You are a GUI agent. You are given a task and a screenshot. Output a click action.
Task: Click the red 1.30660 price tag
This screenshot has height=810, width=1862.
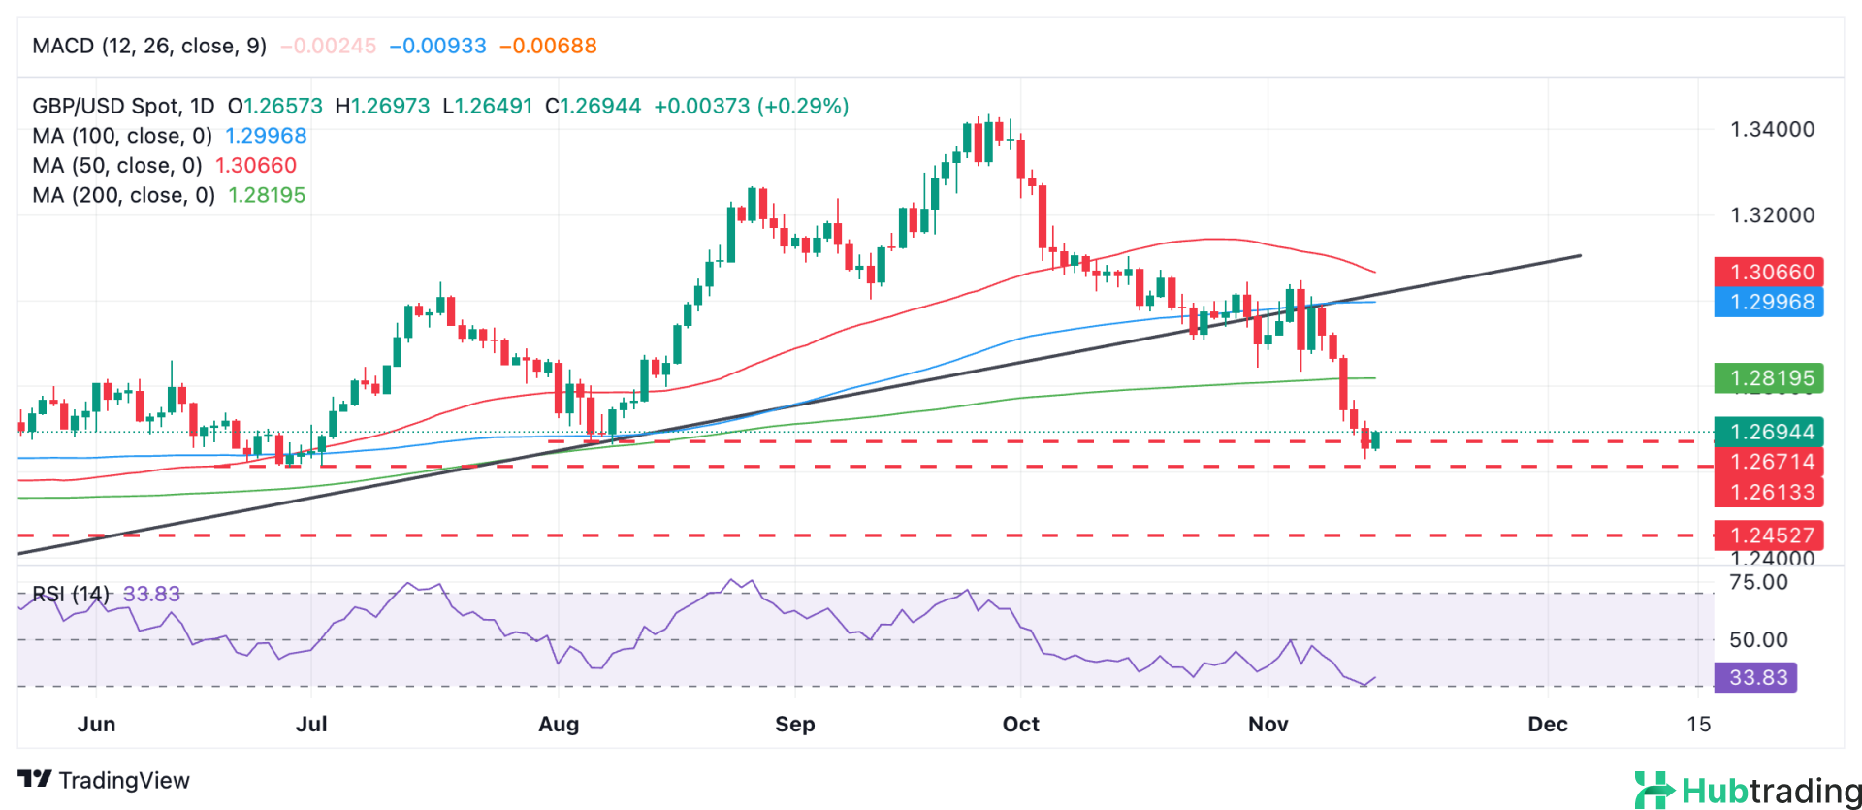pyautogui.click(x=1768, y=272)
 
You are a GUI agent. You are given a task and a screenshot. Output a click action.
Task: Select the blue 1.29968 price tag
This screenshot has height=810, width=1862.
pyautogui.click(x=1768, y=302)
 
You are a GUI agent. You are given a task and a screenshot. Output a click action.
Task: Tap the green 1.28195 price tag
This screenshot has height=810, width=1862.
pyautogui.click(x=1768, y=378)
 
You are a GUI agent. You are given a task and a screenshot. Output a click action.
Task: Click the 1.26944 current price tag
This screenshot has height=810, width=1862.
pyautogui.click(x=1768, y=432)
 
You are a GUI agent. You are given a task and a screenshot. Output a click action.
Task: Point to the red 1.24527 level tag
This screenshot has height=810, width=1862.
pyautogui.click(x=1768, y=535)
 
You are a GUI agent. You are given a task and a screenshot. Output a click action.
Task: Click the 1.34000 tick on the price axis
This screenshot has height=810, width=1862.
pyautogui.click(x=1772, y=129)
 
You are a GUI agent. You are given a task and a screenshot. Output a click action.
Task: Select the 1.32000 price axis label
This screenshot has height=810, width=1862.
pyautogui.click(x=1772, y=215)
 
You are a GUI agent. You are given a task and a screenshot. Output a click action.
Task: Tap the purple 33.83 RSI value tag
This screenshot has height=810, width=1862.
pyautogui.click(x=1755, y=677)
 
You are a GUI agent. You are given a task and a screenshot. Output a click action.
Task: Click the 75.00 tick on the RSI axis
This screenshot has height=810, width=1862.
pyautogui.click(x=1758, y=582)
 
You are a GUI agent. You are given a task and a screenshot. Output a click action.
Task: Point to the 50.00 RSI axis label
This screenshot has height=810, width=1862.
pyautogui.click(x=1758, y=639)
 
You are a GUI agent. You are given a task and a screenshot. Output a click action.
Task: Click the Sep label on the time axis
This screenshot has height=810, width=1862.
pyautogui.click(x=794, y=724)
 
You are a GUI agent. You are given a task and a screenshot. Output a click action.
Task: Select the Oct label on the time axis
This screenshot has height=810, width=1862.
pyautogui.click(x=1020, y=724)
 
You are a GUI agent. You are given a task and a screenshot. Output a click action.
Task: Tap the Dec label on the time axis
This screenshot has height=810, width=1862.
pyautogui.click(x=1547, y=724)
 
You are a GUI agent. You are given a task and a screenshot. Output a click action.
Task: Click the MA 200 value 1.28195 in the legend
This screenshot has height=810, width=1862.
pyautogui.click(x=267, y=195)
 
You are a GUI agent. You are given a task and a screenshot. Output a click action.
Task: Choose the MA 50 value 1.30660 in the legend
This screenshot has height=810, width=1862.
pyautogui.click(x=255, y=165)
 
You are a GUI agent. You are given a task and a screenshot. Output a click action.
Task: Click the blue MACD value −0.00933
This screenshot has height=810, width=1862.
pyautogui.click(x=437, y=46)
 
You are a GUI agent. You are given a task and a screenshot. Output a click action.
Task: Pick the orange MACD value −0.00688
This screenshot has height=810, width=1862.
pyautogui.click(x=548, y=46)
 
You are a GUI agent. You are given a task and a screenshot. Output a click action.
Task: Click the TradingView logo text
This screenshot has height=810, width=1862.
pyautogui.click(x=105, y=780)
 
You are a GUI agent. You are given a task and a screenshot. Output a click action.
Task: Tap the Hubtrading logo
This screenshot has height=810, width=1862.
pyautogui.click(x=1747, y=791)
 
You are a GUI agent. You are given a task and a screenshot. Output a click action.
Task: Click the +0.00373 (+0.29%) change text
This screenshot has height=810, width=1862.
pyautogui.click(x=751, y=106)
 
